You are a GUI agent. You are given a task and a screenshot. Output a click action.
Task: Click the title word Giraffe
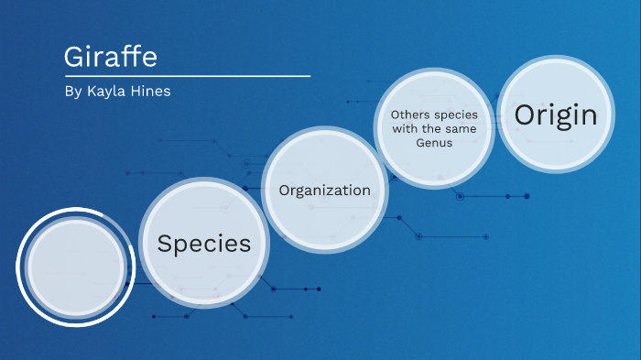pos(111,57)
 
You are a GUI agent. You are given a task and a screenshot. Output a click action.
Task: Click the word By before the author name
pos(73,93)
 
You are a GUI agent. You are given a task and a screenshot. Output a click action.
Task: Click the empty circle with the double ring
pos(76,267)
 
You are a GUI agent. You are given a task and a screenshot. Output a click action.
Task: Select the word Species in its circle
pos(203,244)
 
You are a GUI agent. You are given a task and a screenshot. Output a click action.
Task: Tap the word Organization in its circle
pos(324,191)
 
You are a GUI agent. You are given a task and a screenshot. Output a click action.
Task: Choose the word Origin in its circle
pos(555,115)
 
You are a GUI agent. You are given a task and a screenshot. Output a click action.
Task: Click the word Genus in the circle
pos(433,143)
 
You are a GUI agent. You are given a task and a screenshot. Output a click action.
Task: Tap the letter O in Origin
pos(524,115)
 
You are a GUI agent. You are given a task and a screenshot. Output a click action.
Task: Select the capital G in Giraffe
pos(73,57)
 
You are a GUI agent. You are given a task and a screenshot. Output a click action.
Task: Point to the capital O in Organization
pos(284,191)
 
